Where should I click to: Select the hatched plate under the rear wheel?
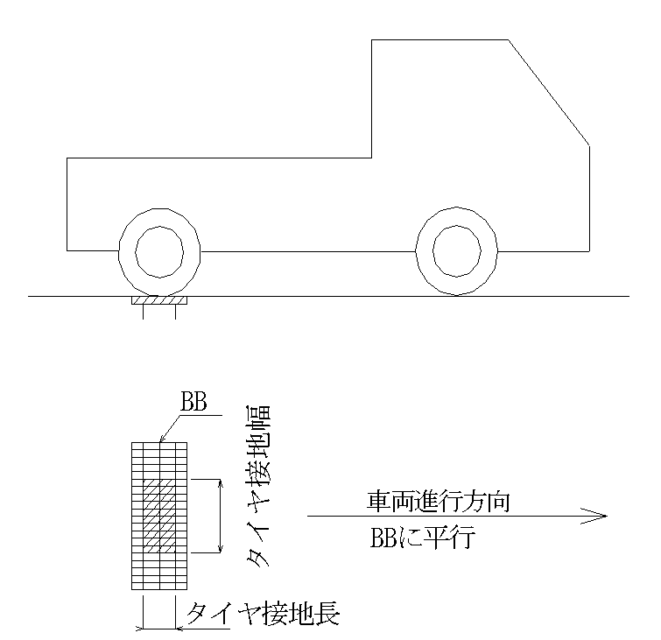pyautogui.click(x=159, y=300)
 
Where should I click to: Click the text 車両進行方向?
pyautogui.click(x=438, y=502)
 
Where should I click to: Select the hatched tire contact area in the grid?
pyautogui.click(x=159, y=517)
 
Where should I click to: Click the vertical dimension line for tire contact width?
pyautogui.click(x=219, y=517)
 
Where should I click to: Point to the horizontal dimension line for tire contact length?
pyautogui.click(x=159, y=628)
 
